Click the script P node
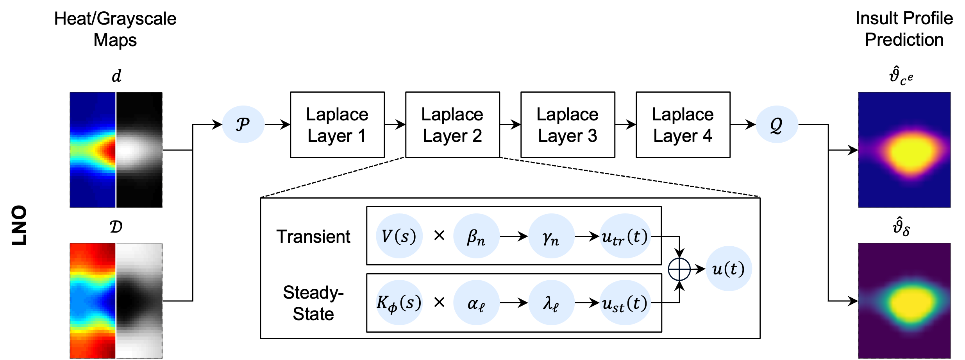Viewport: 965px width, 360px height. [x=243, y=124]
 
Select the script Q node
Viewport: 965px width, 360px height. [x=777, y=124]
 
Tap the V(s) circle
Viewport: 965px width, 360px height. [x=399, y=236]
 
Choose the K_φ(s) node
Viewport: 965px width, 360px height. [x=399, y=302]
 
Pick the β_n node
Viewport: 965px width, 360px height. [x=476, y=236]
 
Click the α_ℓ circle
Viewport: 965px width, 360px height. [x=476, y=302]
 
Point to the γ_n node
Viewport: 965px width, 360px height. [x=551, y=236]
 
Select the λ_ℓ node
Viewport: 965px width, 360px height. [x=551, y=302]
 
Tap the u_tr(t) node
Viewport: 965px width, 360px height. [x=625, y=236]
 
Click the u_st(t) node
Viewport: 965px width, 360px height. [x=625, y=302]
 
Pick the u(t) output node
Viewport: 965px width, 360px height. [x=729, y=269]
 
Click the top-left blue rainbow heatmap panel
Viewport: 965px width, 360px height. [x=93, y=117]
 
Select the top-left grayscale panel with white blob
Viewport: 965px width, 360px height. [x=139, y=117]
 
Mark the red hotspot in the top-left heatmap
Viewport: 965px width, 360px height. [x=109, y=150]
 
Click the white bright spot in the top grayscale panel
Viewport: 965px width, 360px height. [x=131, y=150]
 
